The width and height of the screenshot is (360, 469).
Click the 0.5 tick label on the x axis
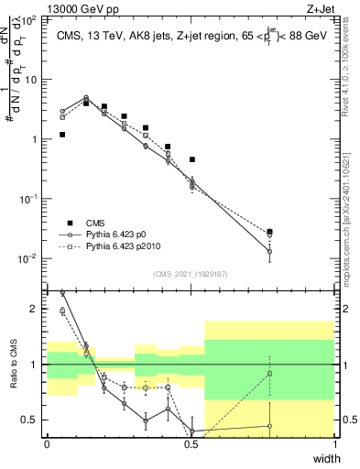(190, 445)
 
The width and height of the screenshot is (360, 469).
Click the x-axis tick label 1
(335, 445)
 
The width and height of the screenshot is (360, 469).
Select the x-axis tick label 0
(48, 445)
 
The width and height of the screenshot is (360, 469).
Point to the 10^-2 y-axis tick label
(30, 258)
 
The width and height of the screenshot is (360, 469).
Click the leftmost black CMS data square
(62, 135)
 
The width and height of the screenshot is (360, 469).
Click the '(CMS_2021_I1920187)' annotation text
(190, 274)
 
